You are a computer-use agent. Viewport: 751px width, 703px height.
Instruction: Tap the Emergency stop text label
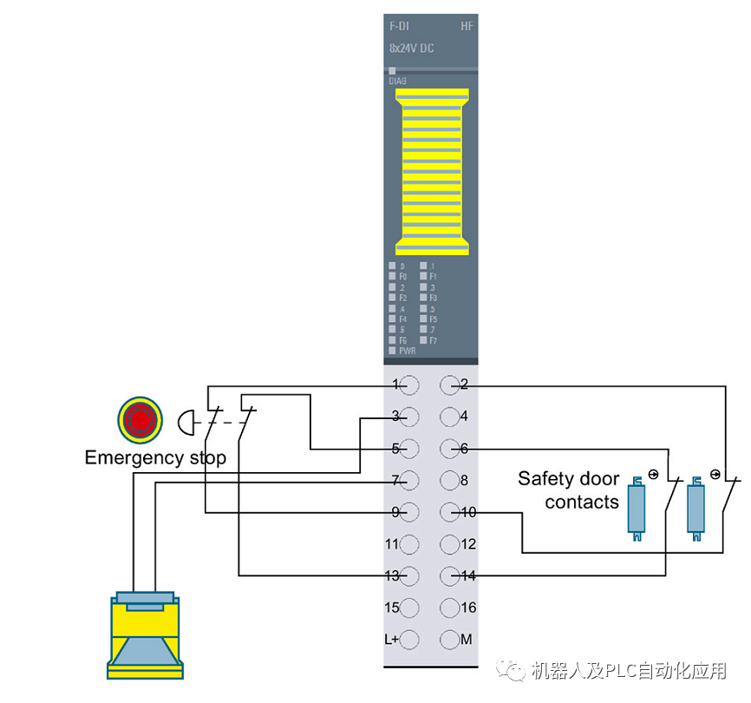(x=154, y=457)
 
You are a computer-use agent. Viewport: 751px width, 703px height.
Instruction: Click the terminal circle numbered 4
(x=449, y=417)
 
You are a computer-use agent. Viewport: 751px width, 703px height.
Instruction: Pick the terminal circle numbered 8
(x=449, y=480)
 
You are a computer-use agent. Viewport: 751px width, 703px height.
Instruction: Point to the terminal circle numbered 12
(x=449, y=544)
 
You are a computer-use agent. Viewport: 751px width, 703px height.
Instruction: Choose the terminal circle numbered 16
(x=449, y=608)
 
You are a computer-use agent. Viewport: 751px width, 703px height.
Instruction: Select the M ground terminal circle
(x=449, y=640)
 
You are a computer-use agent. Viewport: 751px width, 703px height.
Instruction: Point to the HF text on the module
(x=467, y=28)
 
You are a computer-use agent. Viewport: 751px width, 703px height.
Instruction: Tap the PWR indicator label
(x=408, y=351)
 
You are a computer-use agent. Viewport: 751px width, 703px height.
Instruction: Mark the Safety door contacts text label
(x=569, y=490)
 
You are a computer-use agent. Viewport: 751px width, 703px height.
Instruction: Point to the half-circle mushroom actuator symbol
(x=186, y=423)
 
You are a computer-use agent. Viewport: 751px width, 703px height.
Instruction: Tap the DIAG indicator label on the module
(x=397, y=81)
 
